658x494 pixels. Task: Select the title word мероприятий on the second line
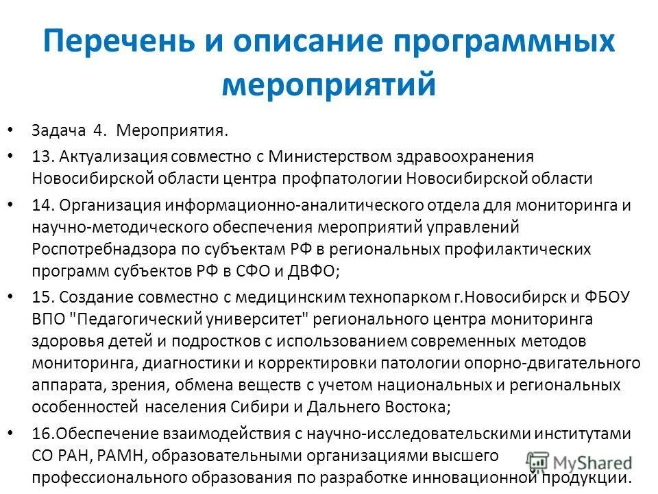[x=329, y=86]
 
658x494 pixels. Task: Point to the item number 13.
[x=40, y=157]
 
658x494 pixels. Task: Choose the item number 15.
[x=40, y=297]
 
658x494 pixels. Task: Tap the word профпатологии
[x=340, y=179]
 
